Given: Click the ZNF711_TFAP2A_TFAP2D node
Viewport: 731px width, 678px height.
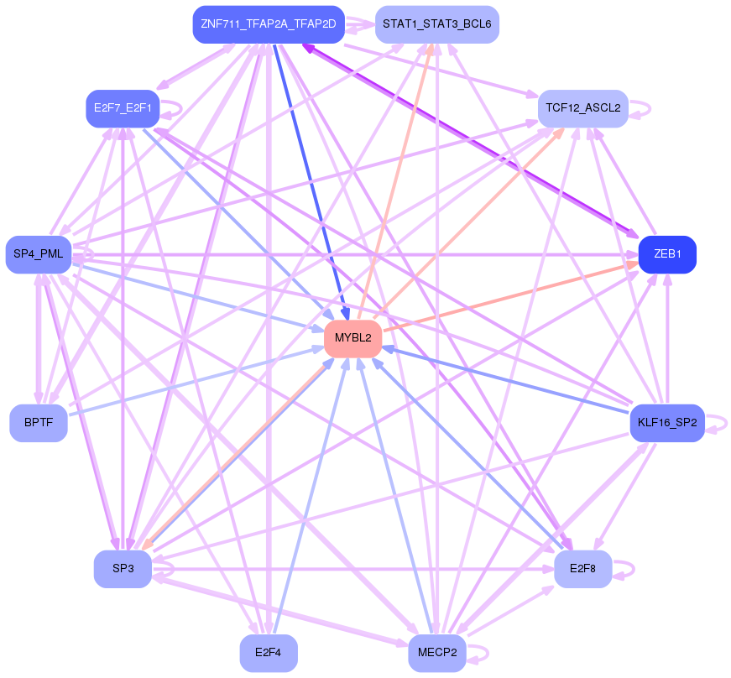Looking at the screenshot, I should [268, 24].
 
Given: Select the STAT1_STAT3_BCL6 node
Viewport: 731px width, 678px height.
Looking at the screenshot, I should [436, 24].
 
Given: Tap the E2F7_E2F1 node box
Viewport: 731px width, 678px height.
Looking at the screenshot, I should [123, 108].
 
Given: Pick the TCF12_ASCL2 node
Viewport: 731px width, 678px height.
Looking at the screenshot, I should [582, 108].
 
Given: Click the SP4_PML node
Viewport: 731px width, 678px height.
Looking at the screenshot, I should [39, 254].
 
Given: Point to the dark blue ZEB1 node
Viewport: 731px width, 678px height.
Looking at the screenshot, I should [667, 254].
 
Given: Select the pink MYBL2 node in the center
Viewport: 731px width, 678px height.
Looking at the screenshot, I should [353, 338].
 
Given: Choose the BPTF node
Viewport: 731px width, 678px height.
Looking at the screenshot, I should [39, 423].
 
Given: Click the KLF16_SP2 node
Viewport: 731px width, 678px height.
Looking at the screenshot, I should [666, 423].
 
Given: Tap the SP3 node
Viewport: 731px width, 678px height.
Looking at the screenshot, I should [123, 569].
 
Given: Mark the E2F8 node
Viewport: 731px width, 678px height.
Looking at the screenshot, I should [582, 569].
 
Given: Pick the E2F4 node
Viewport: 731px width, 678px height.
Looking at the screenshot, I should [269, 653].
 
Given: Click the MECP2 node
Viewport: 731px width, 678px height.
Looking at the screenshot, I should [437, 653].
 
